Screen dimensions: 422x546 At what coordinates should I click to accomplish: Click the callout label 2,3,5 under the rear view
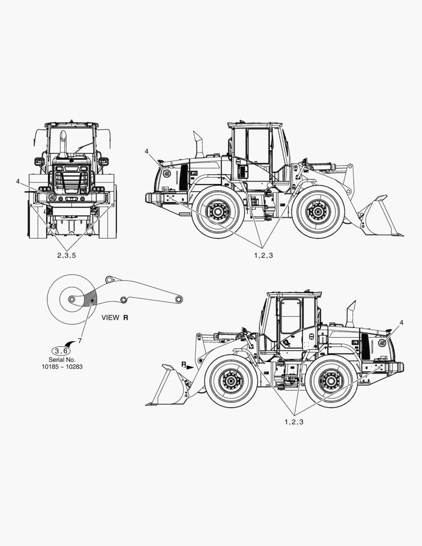coord(66,256)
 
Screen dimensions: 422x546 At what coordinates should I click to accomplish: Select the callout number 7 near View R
coord(80,341)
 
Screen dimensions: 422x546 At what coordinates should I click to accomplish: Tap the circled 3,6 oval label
coord(61,351)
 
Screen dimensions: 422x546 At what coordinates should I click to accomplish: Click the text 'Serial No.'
coord(62,360)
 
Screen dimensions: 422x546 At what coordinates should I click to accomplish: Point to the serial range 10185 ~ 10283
coord(62,367)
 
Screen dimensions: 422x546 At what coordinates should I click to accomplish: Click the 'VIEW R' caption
coord(115,317)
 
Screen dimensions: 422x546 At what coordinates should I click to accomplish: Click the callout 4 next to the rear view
coord(18,181)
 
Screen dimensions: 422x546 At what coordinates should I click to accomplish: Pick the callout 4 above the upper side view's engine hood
coord(147,151)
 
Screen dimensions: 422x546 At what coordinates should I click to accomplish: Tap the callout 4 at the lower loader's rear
coord(401,323)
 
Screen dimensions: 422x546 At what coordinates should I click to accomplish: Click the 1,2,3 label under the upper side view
coord(264,256)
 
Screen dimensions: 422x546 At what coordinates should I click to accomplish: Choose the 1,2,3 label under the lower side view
coord(294,422)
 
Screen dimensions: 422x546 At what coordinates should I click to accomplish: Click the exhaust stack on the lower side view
coord(350,314)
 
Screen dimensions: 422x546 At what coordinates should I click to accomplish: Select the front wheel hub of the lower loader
coord(230,381)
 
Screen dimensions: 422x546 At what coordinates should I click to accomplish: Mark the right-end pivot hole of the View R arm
coord(179,299)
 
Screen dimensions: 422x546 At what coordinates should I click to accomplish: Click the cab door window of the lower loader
coord(290,316)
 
